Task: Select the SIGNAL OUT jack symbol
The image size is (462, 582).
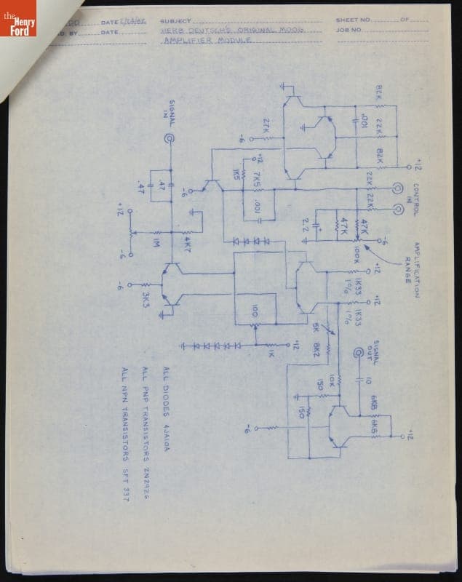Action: point(358,354)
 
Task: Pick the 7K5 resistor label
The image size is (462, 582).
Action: point(258,180)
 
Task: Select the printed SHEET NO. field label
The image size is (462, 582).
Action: point(353,20)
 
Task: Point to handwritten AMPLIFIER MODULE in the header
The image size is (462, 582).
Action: point(207,42)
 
